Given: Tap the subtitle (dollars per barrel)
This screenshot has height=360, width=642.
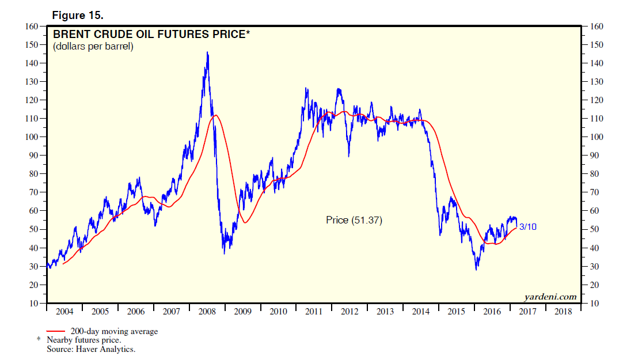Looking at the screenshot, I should click(x=93, y=46).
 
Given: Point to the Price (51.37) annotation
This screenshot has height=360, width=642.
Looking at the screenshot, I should click(x=354, y=220).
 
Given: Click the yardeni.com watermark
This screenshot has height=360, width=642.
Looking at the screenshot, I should click(x=550, y=297).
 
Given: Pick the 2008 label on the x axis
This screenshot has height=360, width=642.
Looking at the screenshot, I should click(x=207, y=312).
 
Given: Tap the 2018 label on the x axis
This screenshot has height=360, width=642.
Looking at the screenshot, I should click(x=563, y=312).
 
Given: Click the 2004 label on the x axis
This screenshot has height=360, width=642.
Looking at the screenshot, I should click(x=64, y=312).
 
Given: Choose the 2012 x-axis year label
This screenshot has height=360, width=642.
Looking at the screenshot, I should click(x=350, y=312).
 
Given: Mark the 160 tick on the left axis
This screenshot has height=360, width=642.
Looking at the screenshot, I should click(x=31, y=26).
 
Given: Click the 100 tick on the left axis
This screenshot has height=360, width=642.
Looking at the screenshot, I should click(x=31, y=137).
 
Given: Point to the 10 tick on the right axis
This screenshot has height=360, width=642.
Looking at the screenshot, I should click(x=598, y=304).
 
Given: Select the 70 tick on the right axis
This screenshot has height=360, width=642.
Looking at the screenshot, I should click(x=598, y=192).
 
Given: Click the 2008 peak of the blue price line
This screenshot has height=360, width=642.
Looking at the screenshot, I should click(x=207, y=52).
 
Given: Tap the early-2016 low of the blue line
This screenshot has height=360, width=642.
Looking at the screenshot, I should click(x=476, y=270).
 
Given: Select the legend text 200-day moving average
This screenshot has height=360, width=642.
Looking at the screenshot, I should click(x=114, y=331).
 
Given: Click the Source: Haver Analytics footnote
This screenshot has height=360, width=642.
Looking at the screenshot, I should click(x=90, y=349).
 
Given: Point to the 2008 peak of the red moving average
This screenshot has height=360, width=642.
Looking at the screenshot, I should click(x=215, y=115).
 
